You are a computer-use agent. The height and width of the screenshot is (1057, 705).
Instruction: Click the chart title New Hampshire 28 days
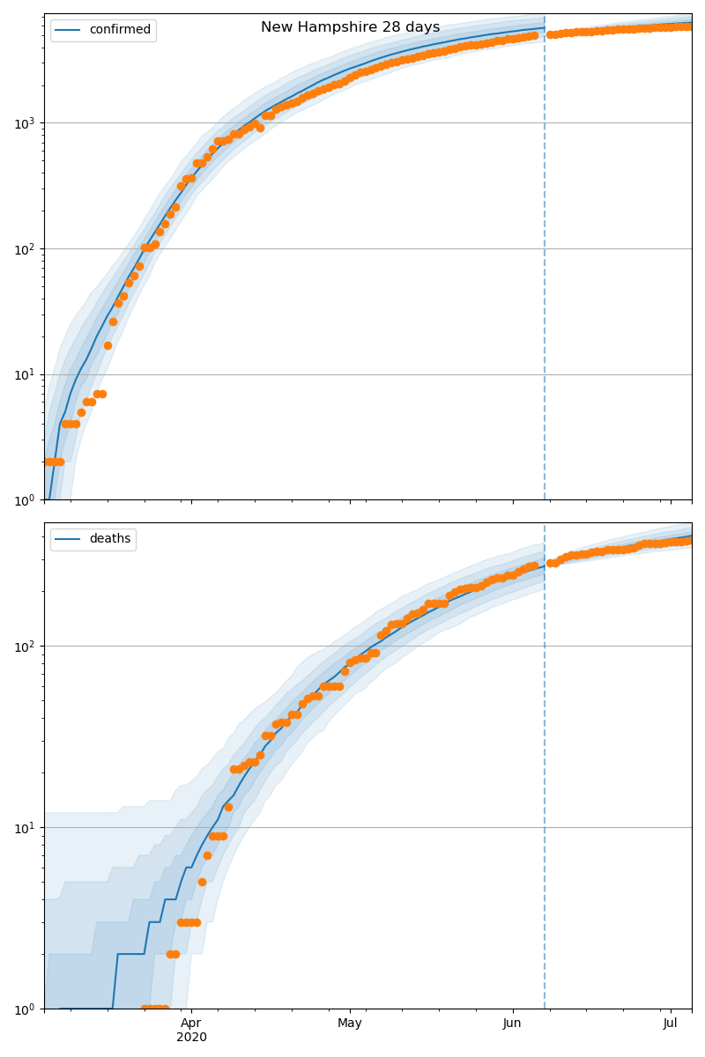(350, 27)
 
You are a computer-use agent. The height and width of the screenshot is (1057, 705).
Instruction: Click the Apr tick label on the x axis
(191, 1024)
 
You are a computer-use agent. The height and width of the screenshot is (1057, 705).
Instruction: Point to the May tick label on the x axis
(350, 1024)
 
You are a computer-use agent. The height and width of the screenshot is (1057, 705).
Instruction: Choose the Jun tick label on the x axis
(512, 1024)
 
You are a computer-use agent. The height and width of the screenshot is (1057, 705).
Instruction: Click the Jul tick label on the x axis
(671, 1024)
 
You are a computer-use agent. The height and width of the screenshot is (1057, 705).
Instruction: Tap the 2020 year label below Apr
(191, 1038)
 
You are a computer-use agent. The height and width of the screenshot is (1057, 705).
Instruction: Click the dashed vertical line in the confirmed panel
(545, 264)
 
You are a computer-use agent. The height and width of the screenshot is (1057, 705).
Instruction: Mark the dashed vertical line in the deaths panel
(545, 793)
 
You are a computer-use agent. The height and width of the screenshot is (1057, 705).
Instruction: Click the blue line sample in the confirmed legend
(70, 30)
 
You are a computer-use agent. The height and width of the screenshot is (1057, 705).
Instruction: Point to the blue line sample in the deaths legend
(70, 539)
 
